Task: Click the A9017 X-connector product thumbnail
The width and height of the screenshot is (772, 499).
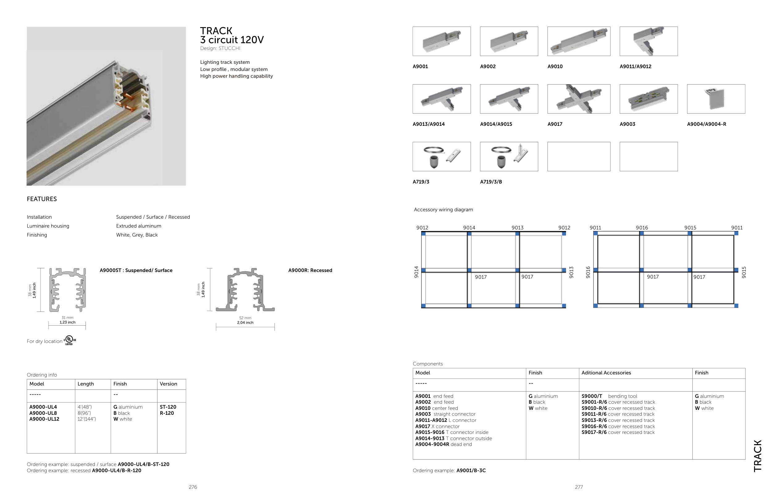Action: tap(579, 99)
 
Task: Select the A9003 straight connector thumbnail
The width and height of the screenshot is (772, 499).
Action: tap(648, 99)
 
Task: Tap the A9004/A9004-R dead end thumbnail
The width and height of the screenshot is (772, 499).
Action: tap(716, 99)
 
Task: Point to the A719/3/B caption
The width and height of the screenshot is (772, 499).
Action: tap(491, 182)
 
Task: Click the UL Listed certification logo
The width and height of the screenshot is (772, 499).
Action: tap(69, 340)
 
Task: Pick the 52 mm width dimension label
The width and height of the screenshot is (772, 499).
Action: tap(245, 318)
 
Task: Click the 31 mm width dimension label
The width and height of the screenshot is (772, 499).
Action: tap(67, 318)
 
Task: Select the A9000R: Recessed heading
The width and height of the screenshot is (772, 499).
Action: tap(310, 270)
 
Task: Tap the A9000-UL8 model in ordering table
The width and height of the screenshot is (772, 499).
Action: tap(43, 413)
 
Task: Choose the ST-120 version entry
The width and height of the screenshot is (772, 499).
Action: tap(168, 407)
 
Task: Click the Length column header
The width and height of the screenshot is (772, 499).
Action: tap(86, 384)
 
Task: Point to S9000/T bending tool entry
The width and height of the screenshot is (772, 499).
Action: tap(609, 396)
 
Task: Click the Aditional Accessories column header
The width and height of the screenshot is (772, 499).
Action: tap(606, 373)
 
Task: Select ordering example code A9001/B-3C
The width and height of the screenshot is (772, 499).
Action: tap(471, 471)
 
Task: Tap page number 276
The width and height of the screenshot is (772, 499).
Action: tap(193, 487)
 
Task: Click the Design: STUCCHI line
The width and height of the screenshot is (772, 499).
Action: tap(220, 48)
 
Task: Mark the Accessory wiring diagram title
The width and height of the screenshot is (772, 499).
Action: tap(443, 210)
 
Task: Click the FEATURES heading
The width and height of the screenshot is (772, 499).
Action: tap(42, 199)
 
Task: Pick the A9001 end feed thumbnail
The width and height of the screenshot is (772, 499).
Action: tap(442, 41)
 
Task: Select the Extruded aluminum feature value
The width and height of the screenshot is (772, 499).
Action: tap(139, 226)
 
